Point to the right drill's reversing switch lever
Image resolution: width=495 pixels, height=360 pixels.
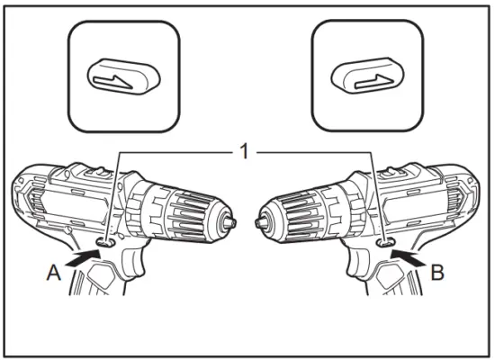coord(386,240)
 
